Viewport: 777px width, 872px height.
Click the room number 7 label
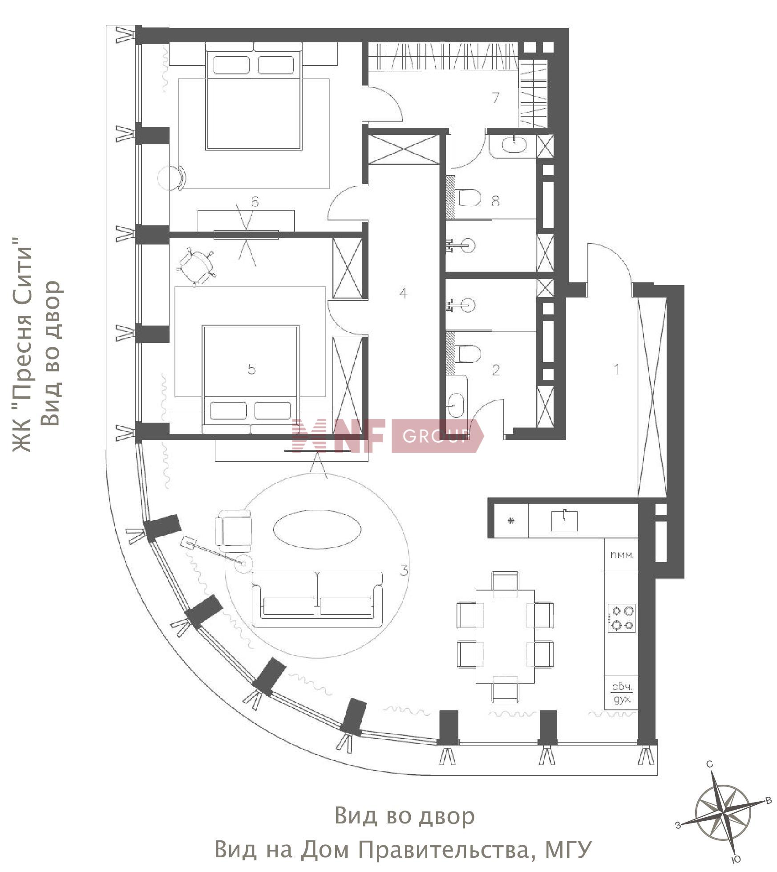tap(496, 98)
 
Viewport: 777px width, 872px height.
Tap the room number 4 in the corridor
tap(403, 293)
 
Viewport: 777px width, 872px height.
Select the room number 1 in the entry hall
tap(616, 369)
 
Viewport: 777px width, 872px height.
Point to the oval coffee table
tap(317, 530)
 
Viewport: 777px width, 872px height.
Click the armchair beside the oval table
tap(233, 532)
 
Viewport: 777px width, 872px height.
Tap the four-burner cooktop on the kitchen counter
tap(622, 618)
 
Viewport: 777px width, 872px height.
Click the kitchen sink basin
tap(564, 521)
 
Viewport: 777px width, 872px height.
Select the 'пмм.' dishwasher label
tap(622, 555)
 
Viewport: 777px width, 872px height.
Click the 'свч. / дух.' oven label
tap(622, 693)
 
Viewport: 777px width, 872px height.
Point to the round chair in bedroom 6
tap(171, 178)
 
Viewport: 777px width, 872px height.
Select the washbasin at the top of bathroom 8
tap(514, 144)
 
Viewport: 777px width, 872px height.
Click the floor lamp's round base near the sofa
tap(243, 564)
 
